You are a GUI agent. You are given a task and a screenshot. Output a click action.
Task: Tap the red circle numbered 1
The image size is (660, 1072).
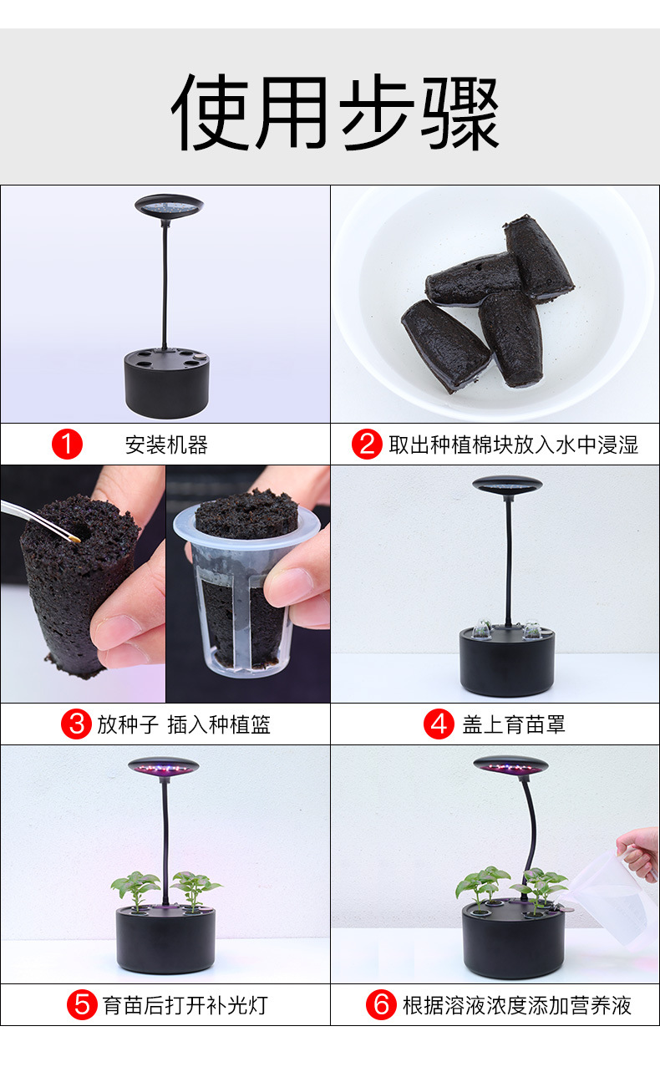[x=68, y=445]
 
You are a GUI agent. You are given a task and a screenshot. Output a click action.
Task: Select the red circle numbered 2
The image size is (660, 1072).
[x=367, y=445]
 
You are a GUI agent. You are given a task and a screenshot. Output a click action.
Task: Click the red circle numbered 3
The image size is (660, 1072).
[x=76, y=724]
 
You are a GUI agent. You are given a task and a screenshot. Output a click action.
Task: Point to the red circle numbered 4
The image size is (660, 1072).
[x=439, y=724]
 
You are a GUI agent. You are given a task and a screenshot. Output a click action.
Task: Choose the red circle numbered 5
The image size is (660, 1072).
[x=82, y=1004]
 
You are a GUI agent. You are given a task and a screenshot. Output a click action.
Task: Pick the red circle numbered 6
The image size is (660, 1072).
[x=381, y=1004]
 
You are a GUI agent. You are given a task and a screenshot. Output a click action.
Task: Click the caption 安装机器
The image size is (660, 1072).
[x=166, y=445]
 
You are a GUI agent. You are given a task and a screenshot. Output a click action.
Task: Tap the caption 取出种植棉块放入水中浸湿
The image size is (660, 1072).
[x=513, y=445]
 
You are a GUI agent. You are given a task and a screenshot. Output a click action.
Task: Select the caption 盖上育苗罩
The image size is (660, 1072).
[x=514, y=724]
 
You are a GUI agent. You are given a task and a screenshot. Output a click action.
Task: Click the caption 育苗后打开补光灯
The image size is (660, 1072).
[x=185, y=1004]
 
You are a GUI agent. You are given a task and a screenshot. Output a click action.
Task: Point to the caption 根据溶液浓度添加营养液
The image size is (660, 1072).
[x=516, y=1004]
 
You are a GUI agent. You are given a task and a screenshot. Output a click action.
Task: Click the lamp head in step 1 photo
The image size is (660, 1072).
[x=169, y=205]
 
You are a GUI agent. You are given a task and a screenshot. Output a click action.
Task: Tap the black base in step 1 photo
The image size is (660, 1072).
[x=166, y=384]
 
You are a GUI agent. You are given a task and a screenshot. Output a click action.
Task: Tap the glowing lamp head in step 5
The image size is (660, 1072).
[x=163, y=766]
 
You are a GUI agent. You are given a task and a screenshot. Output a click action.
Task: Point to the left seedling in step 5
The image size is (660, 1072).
[x=135, y=886]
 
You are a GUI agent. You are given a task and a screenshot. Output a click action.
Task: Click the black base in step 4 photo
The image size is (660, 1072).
[x=507, y=664]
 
